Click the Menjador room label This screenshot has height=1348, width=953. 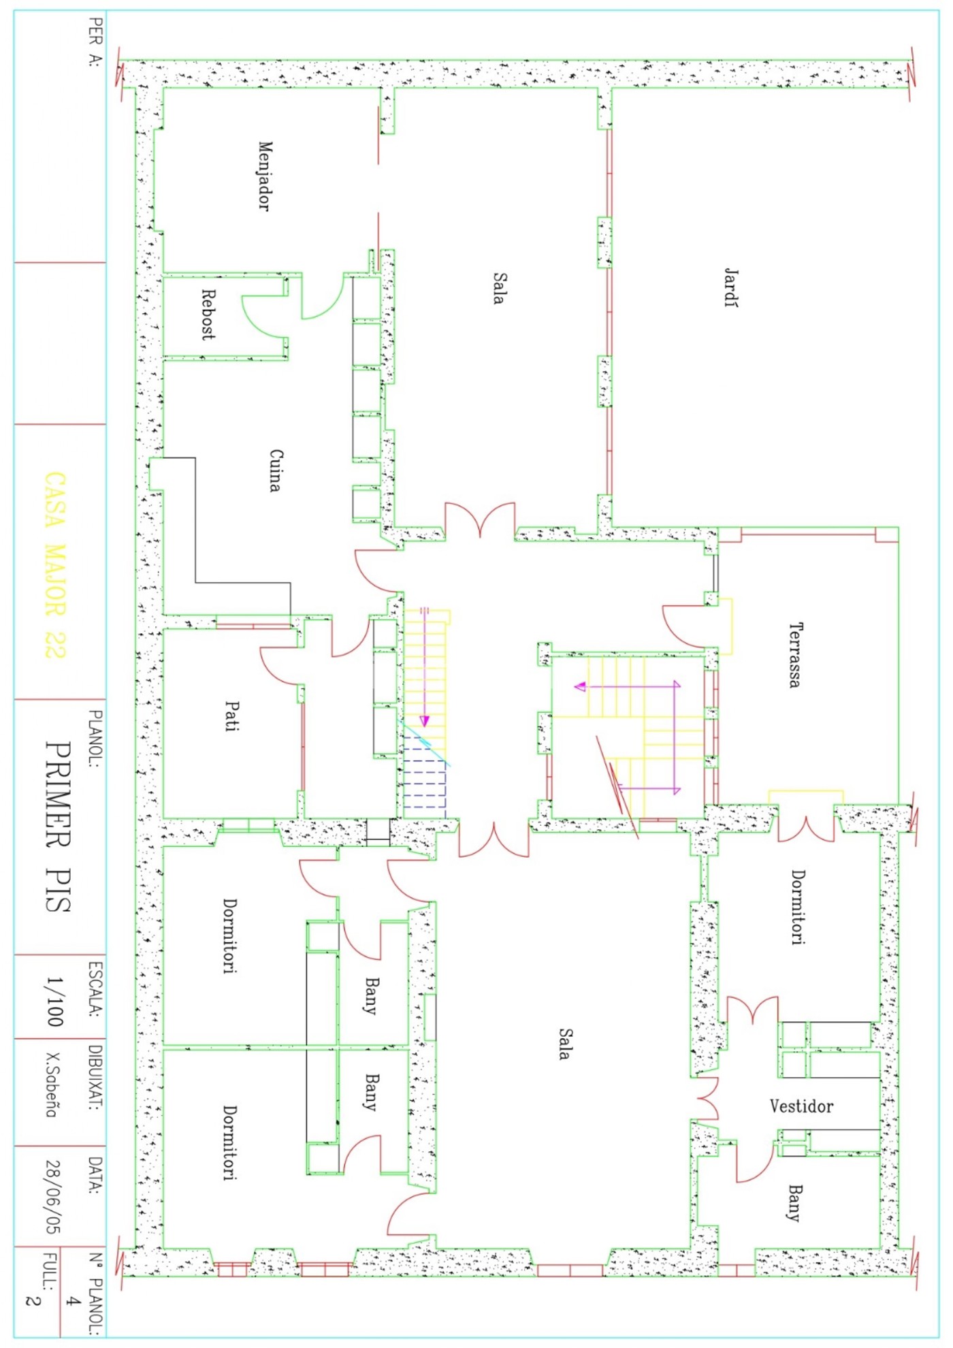[x=265, y=176]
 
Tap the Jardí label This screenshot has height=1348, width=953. [x=730, y=287]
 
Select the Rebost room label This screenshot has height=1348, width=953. [x=208, y=315]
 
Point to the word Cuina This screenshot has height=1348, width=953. [x=275, y=470]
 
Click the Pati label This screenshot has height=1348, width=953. [x=232, y=716]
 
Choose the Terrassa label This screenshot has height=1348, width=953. [x=794, y=655]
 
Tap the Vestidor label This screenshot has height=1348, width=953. [x=801, y=1106]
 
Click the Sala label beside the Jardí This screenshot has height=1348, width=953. [x=499, y=288]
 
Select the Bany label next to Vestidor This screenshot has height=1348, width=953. [x=794, y=1203]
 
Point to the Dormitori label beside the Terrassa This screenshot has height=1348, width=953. [x=798, y=907]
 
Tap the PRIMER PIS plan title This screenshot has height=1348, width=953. [x=58, y=827]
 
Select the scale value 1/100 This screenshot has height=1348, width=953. [x=54, y=1001]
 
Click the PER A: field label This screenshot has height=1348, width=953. [x=95, y=42]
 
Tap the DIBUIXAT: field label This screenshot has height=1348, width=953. [x=95, y=1078]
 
